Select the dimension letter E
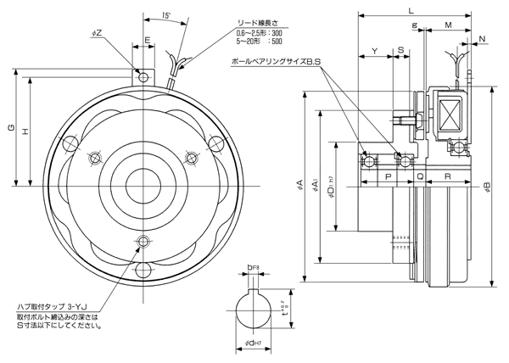(148, 40)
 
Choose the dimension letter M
(446, 25)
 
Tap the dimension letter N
(482, 39)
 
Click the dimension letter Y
(374, 52)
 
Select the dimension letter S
(400, 52)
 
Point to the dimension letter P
(388, 177)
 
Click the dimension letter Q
(421, 177)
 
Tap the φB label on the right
(486, 186)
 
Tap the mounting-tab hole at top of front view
(144, 77)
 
